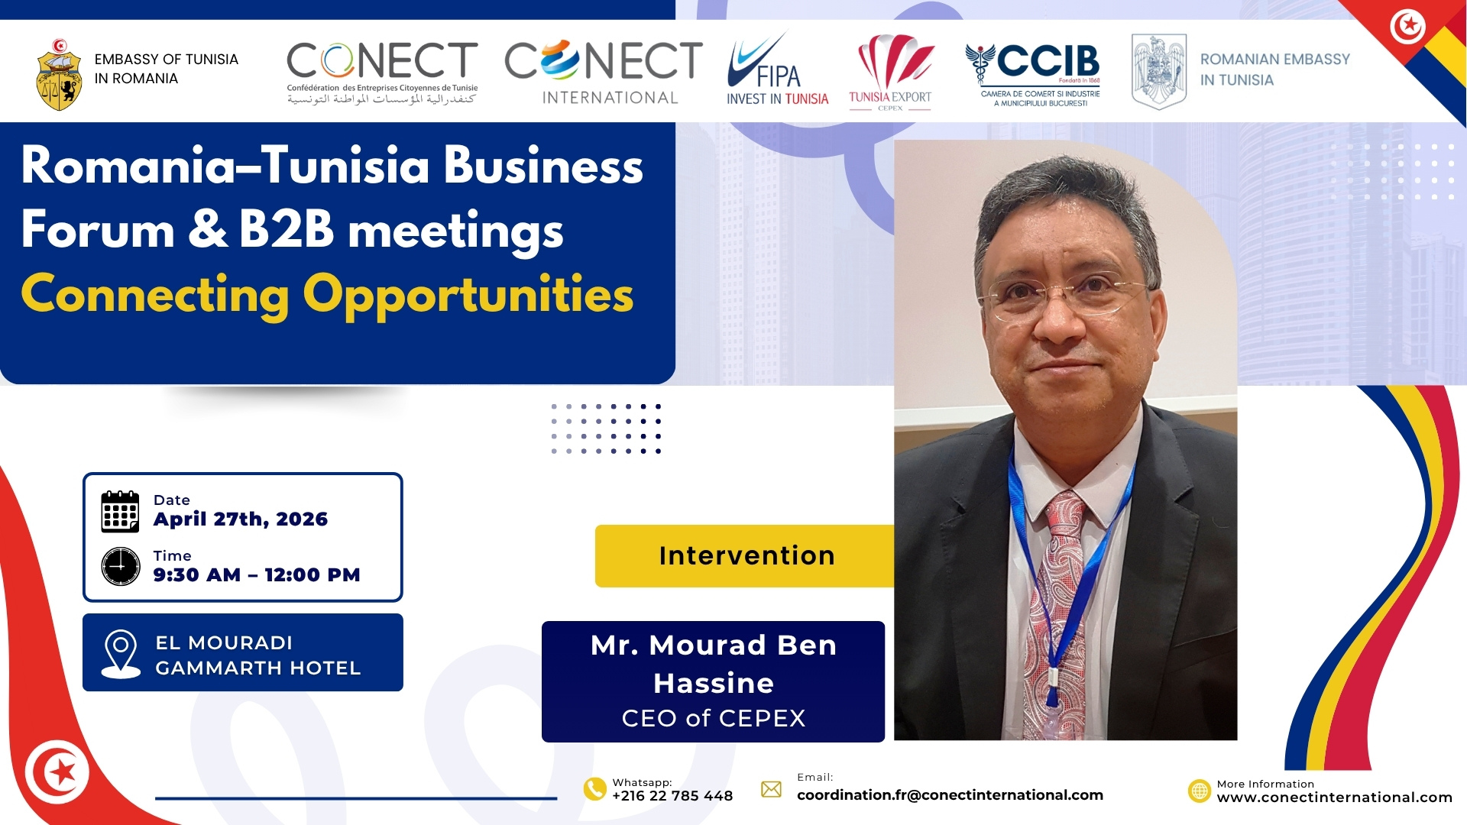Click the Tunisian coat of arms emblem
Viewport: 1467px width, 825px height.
pos(59,75)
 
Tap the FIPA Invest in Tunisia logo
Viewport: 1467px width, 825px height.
pos(777,70)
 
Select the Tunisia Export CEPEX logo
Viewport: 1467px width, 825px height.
pos(891,73)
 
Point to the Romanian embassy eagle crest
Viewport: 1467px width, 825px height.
pos(1158,71)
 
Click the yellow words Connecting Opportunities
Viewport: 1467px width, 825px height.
pos(327,296)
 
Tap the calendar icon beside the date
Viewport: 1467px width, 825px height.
pos(120,511)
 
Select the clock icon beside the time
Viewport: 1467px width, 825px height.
pos(121,566)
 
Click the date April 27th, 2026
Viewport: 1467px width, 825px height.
pos(241,519)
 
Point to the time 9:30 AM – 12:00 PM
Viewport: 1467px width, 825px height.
pos(257,575)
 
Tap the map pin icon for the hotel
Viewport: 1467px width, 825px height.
pos(121,654)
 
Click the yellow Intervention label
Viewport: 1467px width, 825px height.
pos(746,556)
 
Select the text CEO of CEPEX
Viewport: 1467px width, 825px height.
pos(714,718)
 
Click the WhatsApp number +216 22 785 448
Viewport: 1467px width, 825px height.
pos(672,796)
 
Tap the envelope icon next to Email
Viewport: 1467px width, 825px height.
pos(772,789)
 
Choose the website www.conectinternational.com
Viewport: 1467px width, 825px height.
pos(1334,797)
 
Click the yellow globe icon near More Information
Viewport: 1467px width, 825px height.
pos(1200,791)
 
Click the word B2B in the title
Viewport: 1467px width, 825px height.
pos(287,230)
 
